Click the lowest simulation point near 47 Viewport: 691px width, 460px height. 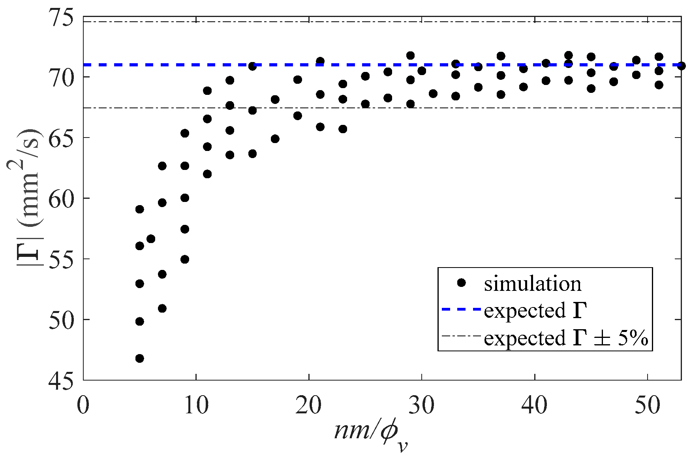(x=139, y=358)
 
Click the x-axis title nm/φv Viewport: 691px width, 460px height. (x=371, y=434)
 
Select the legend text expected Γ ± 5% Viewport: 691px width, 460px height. (x=566, y=338)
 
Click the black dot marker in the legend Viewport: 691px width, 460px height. (x=461, y=283)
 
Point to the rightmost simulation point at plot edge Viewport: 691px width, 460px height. (x=681, y=66)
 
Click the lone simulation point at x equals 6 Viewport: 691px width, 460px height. (x=151, y=239)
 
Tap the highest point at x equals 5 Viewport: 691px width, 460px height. (x=139, y=209)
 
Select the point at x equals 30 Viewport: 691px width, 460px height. (x=422, y=71)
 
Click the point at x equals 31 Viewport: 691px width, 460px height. (x=433, y=94)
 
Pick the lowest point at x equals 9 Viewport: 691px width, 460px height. (x=185, y=259)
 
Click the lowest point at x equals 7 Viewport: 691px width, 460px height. (x=162, y=308)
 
